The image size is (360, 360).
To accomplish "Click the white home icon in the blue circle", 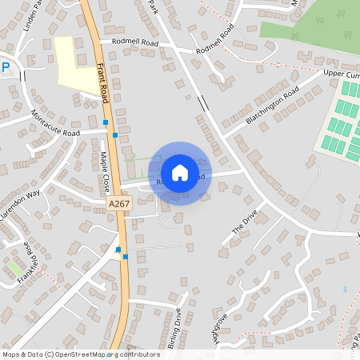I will click(180, 172).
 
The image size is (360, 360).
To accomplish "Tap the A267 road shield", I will click(118, 205).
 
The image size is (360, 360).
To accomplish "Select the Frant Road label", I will click(103, 80).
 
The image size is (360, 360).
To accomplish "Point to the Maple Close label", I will click(105, 172).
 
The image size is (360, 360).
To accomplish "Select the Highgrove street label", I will click(221, 328).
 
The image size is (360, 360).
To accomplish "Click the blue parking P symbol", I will click(5, 68).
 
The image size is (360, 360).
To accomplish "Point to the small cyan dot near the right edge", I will click(345, 288).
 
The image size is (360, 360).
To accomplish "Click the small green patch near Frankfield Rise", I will click(15, 266).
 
